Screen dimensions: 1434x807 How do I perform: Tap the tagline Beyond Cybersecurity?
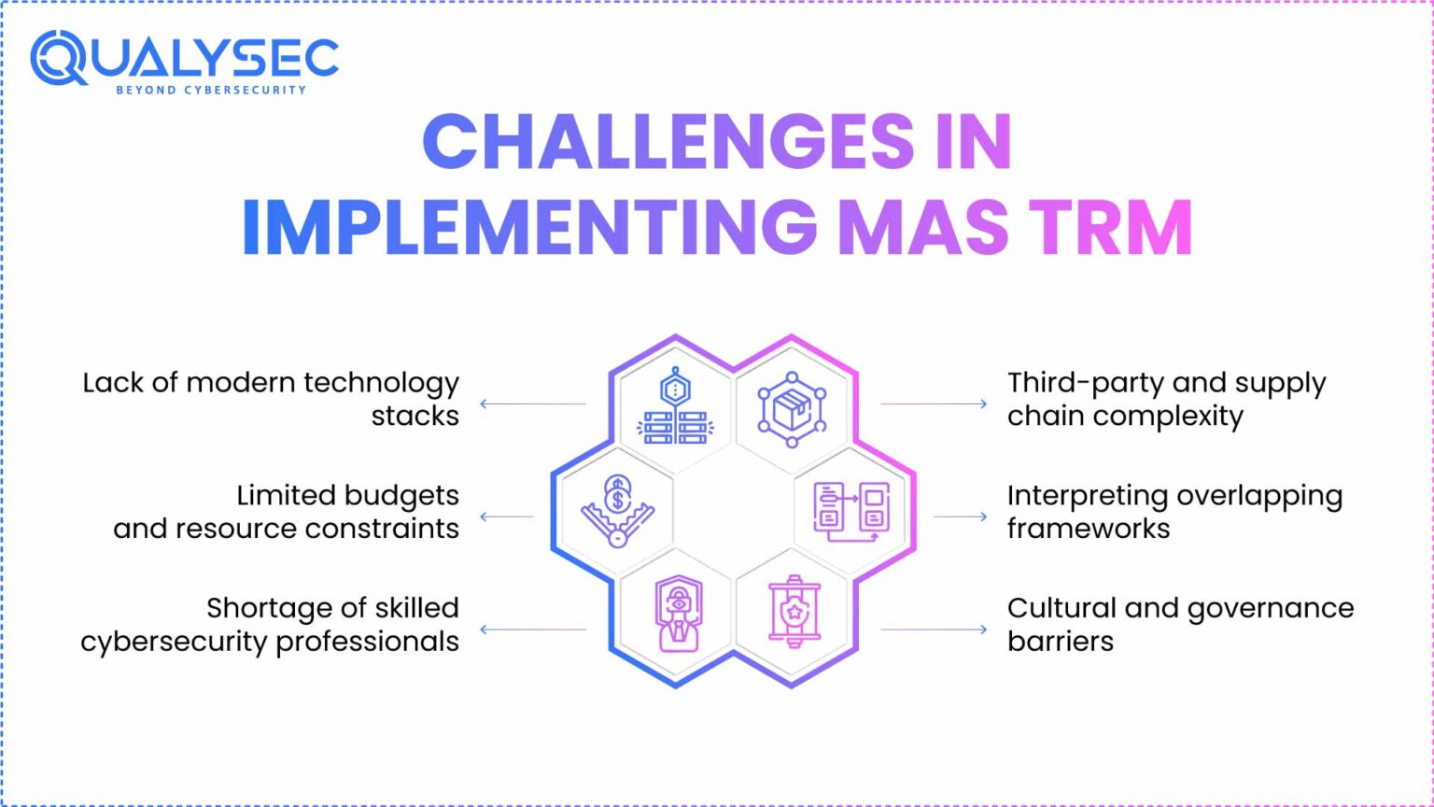point(211,91)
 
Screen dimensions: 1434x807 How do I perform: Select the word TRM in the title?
point(1114,228)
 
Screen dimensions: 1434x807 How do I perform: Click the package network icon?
point(792,409)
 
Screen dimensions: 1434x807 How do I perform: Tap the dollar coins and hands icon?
point(617,511)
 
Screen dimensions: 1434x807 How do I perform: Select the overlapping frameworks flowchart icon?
point(851,512)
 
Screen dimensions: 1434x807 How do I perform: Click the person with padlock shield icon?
point(679,614)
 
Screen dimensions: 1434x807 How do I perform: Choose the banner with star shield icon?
point(794,612)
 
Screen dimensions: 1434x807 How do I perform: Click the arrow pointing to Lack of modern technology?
point(533,403)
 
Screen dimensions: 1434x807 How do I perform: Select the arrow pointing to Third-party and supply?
point(934,403)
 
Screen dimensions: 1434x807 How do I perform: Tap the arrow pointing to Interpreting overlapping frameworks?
point(961,517)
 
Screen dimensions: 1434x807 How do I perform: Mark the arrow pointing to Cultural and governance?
point(934,629)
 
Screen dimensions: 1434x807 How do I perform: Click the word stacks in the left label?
point(415,417)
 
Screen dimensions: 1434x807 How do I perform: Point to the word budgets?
point(401,496)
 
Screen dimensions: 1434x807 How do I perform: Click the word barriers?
point(1061,641)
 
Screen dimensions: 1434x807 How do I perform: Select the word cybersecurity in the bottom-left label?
point(175,643)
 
